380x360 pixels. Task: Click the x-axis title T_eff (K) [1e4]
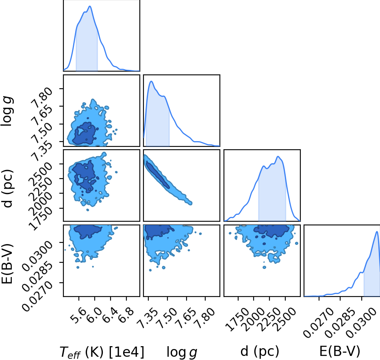point(102,352)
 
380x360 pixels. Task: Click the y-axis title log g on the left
point(7,111)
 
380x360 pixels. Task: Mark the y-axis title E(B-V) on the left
point(7,264)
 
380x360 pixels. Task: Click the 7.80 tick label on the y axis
point(42,97)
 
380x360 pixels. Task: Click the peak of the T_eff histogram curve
point(90,6)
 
